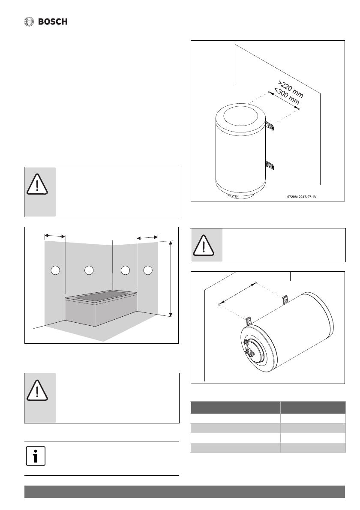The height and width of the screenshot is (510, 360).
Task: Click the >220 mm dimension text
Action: (290, 89)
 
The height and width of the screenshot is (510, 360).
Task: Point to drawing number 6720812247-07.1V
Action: (304, 198)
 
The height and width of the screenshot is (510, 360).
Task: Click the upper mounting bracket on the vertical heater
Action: (269, 125)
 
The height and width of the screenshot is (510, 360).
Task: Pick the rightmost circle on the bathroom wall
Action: (148, 270)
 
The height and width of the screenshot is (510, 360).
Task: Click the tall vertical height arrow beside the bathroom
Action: (171, 279)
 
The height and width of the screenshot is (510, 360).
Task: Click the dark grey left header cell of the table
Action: (235, 407)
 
